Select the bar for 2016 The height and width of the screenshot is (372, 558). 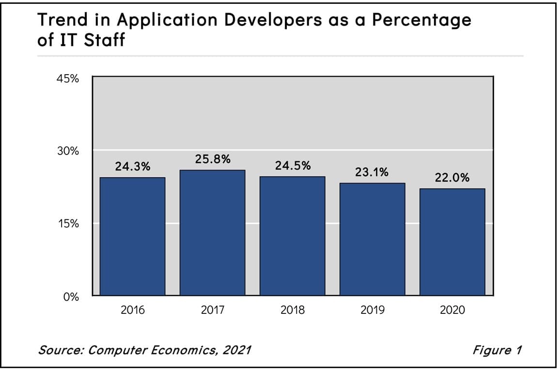(x=132, y=236)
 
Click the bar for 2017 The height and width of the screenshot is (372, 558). (x=212, y=232)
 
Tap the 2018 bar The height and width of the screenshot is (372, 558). (x=293, y=236)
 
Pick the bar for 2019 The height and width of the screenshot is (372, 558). (x=372, y=239)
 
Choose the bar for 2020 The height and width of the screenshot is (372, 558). (x=452, y=242)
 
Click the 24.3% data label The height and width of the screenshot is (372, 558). (x=132, y=167)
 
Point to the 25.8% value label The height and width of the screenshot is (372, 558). (x=212, y=159)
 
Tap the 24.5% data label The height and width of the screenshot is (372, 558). (x=293, y=166)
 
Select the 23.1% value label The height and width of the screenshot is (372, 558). (x=372, y=172)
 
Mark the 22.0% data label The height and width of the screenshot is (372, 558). (x=452, y=178)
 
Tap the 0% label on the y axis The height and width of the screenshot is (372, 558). (x=72, y=297)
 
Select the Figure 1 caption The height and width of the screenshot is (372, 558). (x=497, y=350)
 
